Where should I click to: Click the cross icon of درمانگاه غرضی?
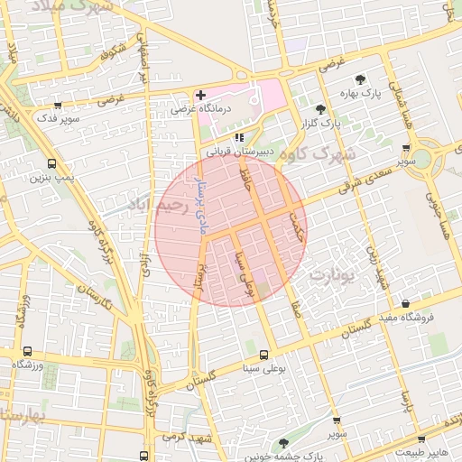[200, 95]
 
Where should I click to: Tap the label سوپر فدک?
[60, 118]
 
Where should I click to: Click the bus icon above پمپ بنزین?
[51, 164]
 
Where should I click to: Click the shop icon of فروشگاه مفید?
[404, 304]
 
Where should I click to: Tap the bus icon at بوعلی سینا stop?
[263, 355]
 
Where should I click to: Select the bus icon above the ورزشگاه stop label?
[27, 351]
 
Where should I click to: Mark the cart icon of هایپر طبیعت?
[397, 441]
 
